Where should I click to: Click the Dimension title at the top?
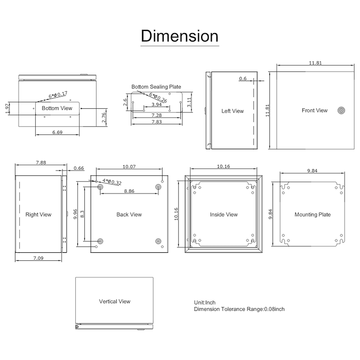pos(180,36)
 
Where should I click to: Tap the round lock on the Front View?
pos(341,110)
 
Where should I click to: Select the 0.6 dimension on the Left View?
pos(243,78)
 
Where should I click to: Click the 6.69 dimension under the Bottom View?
pos(58,132)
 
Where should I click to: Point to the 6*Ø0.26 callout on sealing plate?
pos(158,98)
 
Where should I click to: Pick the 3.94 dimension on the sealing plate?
pos(157,105)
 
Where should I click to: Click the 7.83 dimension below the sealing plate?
pos(157,122)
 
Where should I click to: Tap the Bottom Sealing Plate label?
pos(156,87)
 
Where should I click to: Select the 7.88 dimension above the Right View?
pos(41,163)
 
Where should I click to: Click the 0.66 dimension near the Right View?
pos(79,169)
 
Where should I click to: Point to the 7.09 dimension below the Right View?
pos(38,258)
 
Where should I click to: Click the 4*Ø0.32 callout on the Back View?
pos(112,182)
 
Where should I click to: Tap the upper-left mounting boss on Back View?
pos(100,187)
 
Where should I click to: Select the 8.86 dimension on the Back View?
pos(129,191)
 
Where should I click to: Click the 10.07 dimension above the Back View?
pos(129,167)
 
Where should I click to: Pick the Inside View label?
pos(224,215)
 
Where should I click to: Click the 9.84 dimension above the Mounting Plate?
pos(312,171)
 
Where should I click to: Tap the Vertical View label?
pos(115,301)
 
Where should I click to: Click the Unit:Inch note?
pos(205,302)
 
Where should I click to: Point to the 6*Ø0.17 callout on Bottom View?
pos(58,95)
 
